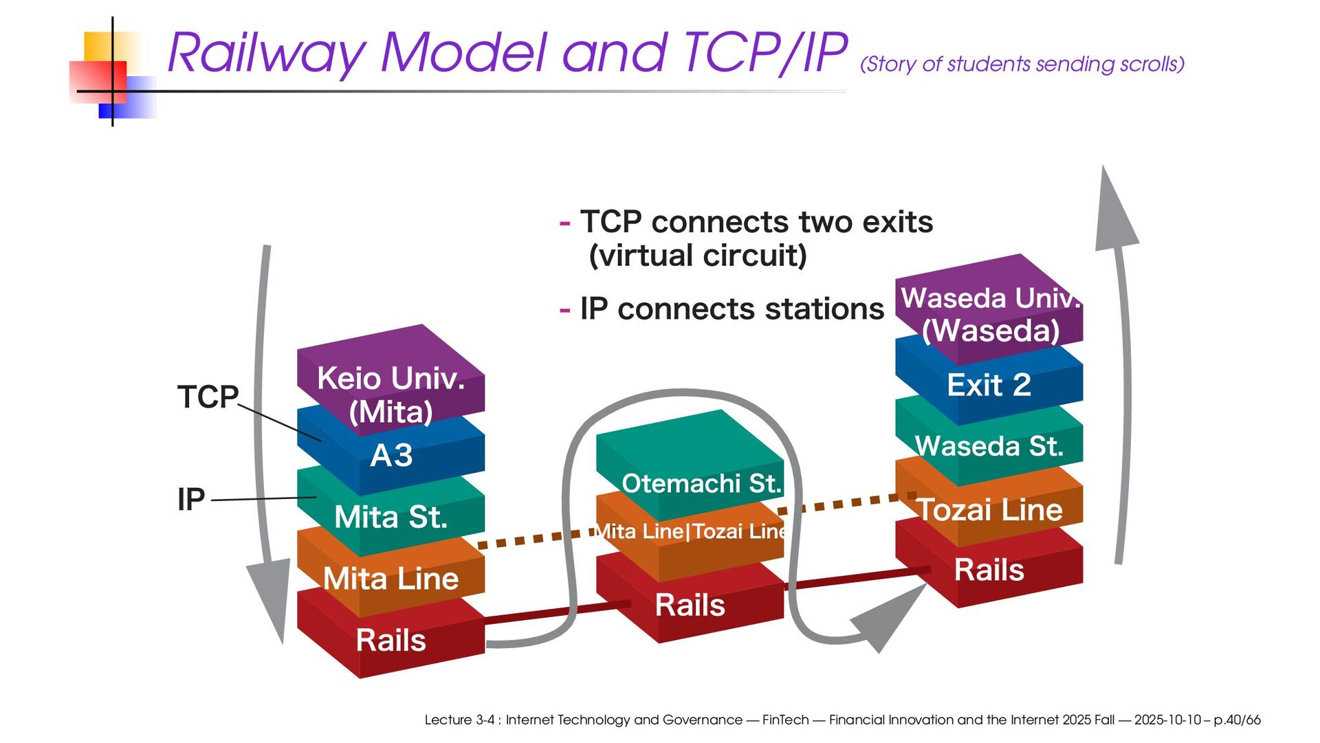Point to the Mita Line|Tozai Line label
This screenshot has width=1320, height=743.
690,531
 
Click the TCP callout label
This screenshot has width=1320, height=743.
208,397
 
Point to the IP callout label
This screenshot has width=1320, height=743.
191,499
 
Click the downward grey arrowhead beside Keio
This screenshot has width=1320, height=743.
270,598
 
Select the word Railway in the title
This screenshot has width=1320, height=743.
267,53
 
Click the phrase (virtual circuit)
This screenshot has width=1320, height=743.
698,256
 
